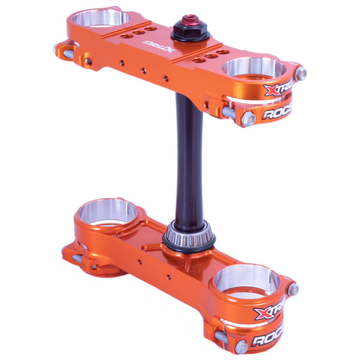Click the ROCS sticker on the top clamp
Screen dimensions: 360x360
[277, 113]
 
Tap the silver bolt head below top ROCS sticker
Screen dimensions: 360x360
[249, 118]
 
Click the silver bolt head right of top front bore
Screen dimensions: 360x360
[301, 74]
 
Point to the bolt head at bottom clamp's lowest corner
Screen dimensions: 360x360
[242, 347]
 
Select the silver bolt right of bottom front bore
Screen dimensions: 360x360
[293, 289]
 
